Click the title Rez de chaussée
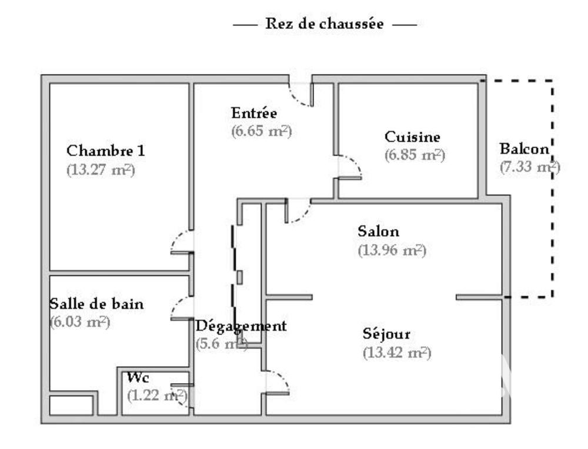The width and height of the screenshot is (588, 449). (x=325, y=24)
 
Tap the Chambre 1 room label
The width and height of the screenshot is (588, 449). (x=105, y=151)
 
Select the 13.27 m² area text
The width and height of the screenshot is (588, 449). (x=101, y=169)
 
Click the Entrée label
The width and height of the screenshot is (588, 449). (x=254, y=113)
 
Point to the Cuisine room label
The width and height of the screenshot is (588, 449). (x=412, y=137)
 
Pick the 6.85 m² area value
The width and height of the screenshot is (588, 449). (x=415, y=155)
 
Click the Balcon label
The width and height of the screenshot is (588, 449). (x=524, y=149)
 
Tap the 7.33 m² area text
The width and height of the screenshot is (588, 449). (x=530, y=167)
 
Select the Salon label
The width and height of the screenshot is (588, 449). (x=378, y=231)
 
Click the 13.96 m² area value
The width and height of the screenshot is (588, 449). (x=392, y=250)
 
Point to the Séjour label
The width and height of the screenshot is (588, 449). (x=386, y=334)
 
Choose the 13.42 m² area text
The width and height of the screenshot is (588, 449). (x=397, y=352)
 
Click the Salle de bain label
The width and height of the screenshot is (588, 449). (x=96, y=304)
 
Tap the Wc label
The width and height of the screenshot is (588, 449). (x=138, y=377)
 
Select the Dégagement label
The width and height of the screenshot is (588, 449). (x=240, y=326)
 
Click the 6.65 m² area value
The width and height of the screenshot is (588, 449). (x=262, y=131)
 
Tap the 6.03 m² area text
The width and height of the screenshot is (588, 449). (x=80, y=322)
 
